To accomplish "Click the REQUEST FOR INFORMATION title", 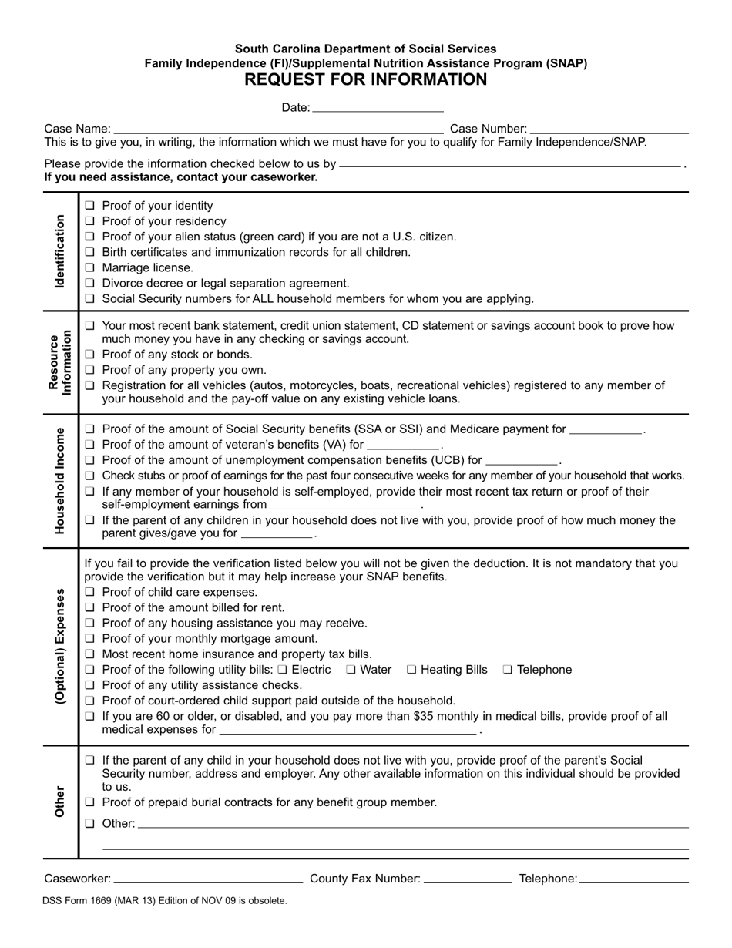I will pos(365,80).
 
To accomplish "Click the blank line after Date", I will pos(378,108).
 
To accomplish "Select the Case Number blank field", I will pos(609,129).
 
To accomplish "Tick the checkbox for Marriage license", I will pos(90,267).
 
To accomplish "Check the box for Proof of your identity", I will pos(90,206).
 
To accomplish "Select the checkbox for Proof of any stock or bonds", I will pos(90,355).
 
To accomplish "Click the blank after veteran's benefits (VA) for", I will pos(403,445).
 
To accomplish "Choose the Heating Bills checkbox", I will pos(411,670).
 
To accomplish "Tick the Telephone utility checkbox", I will pos(508,670).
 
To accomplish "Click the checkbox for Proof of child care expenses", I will pos(90,593).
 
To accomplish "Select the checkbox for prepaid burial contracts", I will pos(90,802).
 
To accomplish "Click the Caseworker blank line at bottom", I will pos(208,879).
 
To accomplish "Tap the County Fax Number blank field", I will pos(468,879).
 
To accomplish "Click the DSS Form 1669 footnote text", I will pos(165,900).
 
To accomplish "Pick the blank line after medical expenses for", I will pos(348,731).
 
